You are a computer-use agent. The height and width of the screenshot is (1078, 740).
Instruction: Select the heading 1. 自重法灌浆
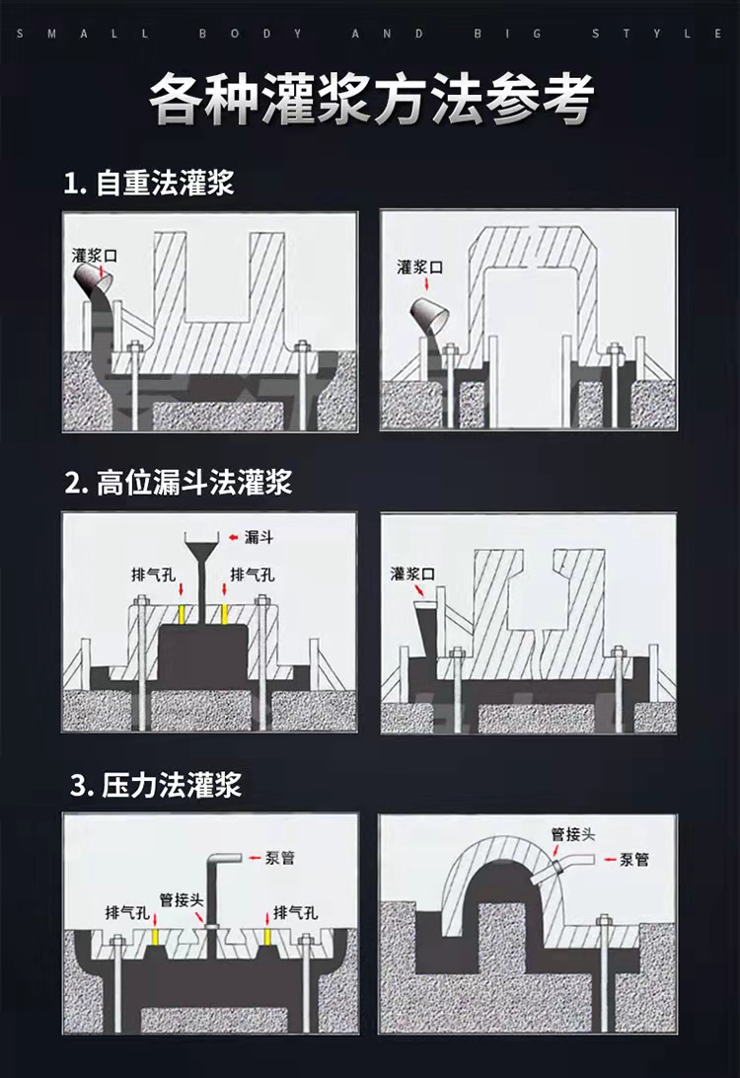(x=148, y=184)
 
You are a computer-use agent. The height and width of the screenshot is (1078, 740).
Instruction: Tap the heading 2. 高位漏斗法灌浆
(x=178, y=483)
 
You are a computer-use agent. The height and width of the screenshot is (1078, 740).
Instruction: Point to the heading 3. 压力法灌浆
(x=156, y=786)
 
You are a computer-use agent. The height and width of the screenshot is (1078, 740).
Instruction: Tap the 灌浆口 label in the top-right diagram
(x=419, y=267)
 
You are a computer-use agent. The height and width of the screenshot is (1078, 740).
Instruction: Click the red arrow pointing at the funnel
(x=234, y=537)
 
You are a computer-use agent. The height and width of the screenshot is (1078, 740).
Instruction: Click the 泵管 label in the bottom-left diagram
(x=279, y=858)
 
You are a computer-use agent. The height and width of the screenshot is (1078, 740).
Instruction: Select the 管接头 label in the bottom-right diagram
(x=572, y=834)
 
